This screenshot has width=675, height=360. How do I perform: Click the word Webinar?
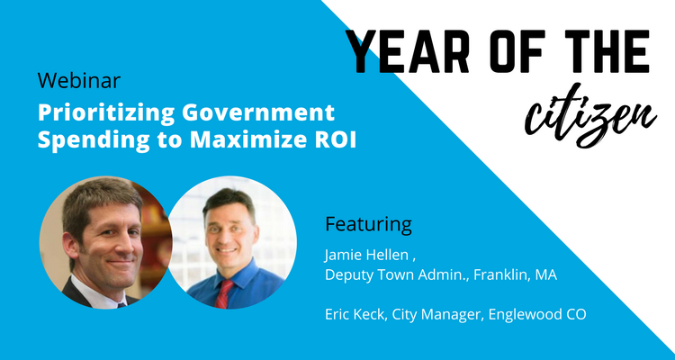[x=79, y=80]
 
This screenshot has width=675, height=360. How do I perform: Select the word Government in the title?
[x=258, y=113]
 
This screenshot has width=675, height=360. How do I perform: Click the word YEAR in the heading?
[x=408, y=51]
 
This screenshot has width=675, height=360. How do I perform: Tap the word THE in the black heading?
[x=607, y=51]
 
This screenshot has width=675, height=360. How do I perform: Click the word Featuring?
[x=368, y=225]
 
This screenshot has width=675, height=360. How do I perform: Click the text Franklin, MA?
[x=516, y=275]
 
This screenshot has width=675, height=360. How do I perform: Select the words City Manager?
[x=446, y=315]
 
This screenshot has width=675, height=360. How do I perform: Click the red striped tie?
[x=224, y=293]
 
